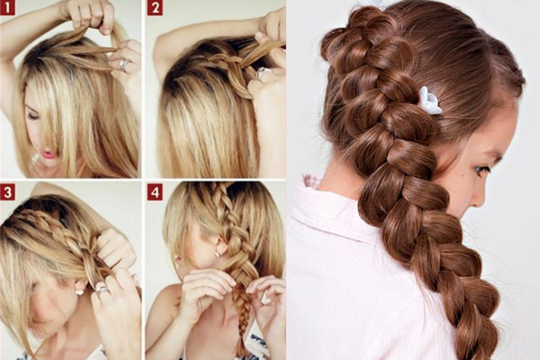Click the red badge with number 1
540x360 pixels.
tap(7, 7)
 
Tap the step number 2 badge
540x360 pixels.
tap(155, 7)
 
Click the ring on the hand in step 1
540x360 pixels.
tap(125, 64)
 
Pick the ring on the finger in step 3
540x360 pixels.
tap(103, 290)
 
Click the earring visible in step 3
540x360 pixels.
tap(79, 292)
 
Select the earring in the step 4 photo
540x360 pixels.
tap(218, 254)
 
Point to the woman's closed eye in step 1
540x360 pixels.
tap(31, 115)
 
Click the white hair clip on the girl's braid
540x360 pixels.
tap(430, 101)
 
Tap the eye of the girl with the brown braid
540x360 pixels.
tap(482, 169)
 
